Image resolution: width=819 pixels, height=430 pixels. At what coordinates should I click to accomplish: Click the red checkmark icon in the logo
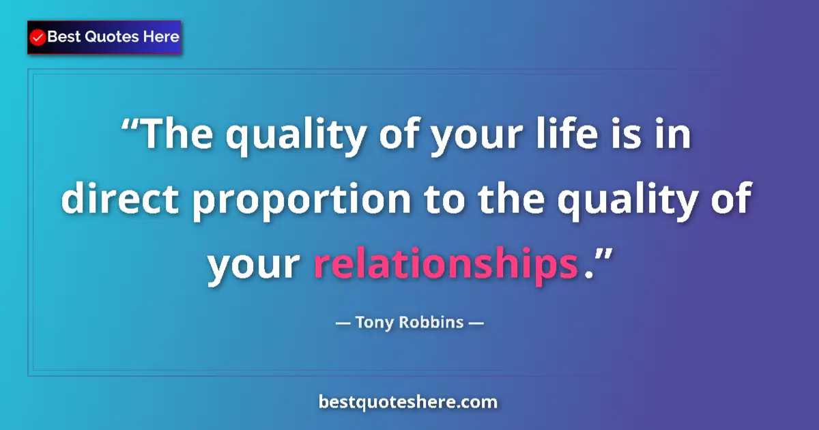point(38,38)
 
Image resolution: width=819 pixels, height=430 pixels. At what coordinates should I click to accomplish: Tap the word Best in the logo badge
point(62,37)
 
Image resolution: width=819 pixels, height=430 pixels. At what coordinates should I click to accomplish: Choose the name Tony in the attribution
point(374,321)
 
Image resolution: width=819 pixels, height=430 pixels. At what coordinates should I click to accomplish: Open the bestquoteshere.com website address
point(408,402)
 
